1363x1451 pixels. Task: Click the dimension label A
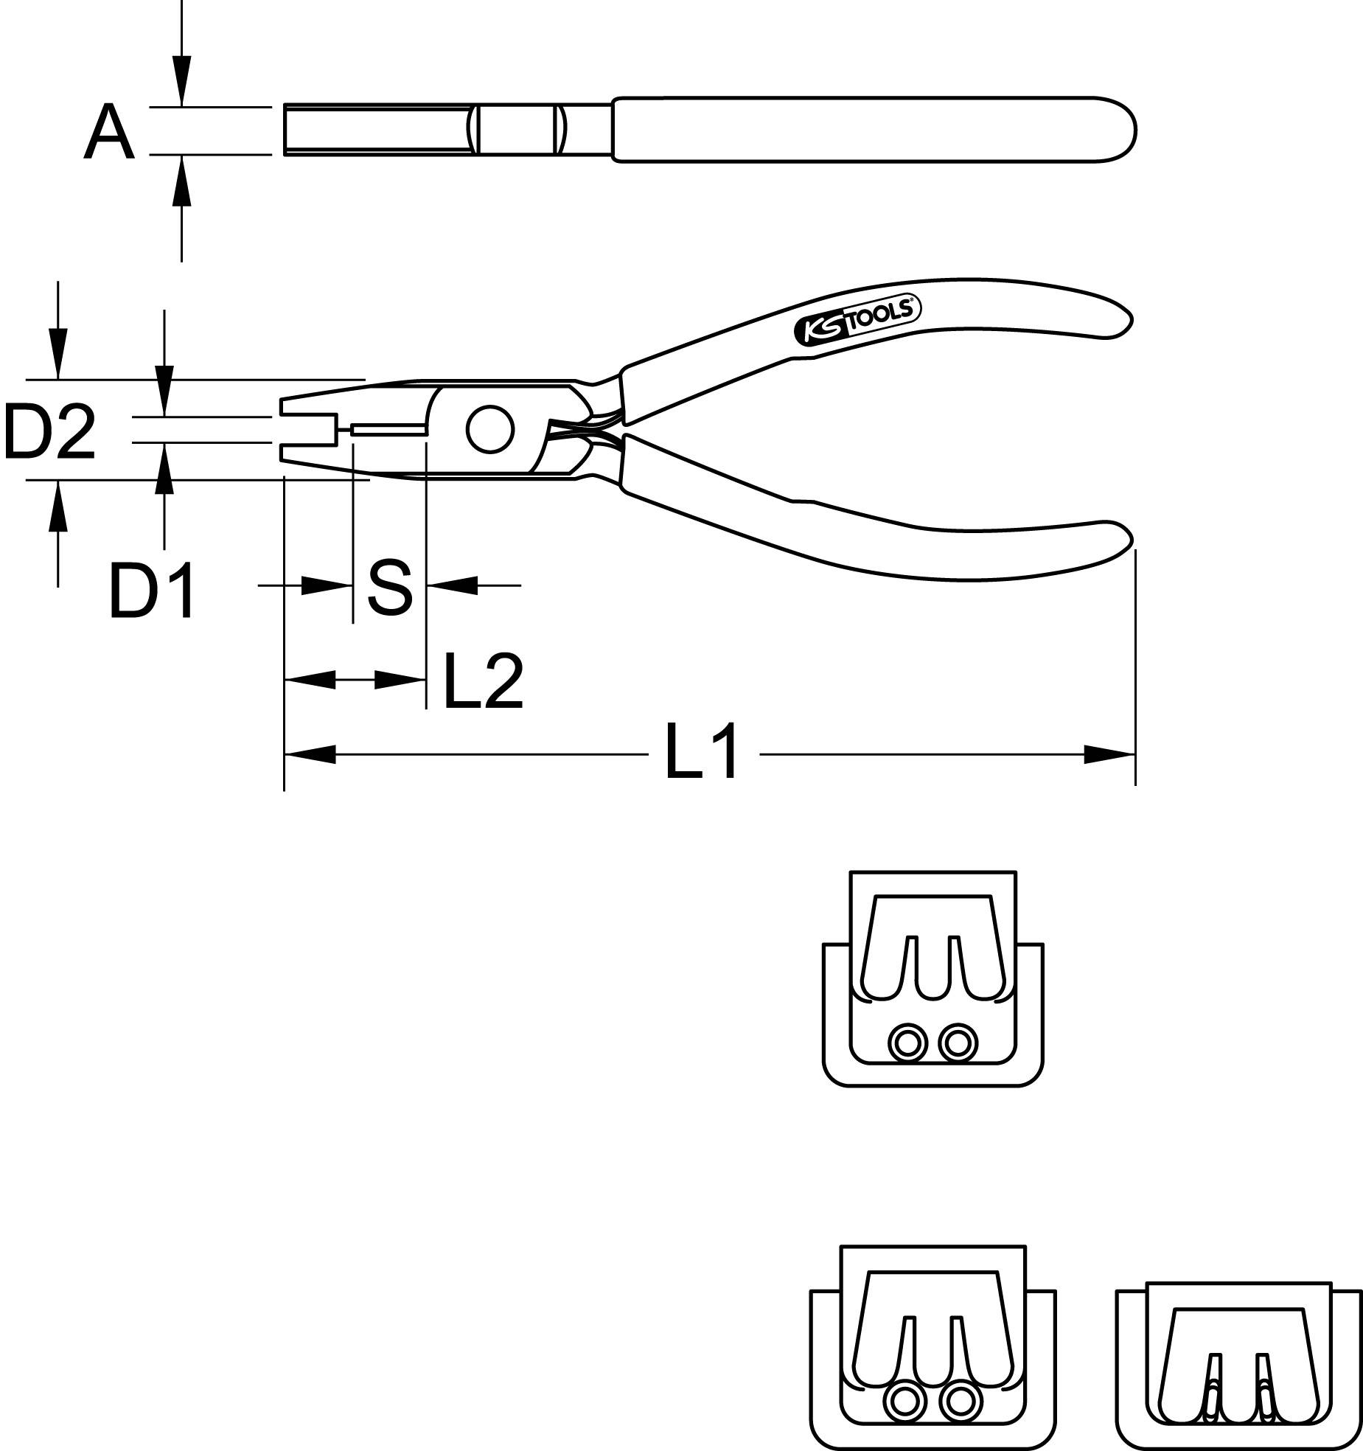(x=109, y=132)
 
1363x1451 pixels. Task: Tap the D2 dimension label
(x=50, y=433)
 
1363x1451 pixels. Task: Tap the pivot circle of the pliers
(x=489, y=431)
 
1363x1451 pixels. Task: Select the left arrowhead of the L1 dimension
(x=310, y=754)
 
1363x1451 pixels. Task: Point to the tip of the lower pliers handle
(x=1124, y=542)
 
